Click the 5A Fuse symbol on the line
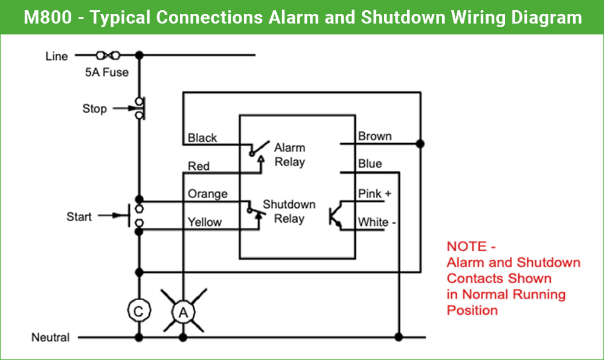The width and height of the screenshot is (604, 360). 108,56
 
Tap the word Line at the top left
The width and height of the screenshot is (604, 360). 57,57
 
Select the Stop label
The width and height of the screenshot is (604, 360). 94,109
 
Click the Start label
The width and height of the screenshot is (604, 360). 79,217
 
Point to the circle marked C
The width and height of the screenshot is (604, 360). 139,311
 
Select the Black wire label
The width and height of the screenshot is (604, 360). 202,138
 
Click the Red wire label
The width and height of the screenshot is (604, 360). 199,166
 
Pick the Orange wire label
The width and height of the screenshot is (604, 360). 208,194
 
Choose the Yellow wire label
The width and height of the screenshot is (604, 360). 205,222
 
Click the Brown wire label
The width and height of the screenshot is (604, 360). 374,137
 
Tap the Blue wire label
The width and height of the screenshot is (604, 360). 370,164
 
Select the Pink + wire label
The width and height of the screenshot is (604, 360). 374,194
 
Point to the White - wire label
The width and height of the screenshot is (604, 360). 377,222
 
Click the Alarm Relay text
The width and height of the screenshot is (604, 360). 290,155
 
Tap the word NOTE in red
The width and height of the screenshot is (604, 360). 466,246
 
